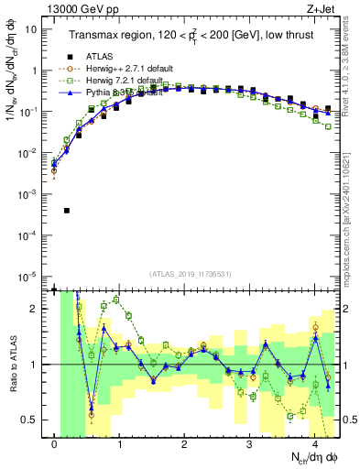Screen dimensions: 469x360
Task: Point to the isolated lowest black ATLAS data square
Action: click(x=67, y=211)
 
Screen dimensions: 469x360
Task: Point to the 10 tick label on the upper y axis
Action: click(x=31, y=28)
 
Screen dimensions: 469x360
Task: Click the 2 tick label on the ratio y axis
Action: click(x=35, y=309)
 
